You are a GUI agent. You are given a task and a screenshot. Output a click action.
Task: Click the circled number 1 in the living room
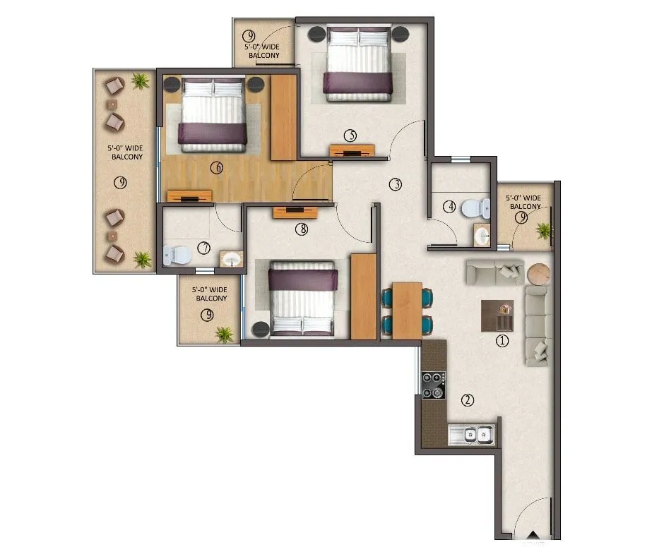click(x=502, y=342)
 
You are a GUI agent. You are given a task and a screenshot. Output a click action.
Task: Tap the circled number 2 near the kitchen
click(x=467, y=400)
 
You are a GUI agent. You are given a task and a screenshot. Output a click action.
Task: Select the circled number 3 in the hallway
click(x=395, y=184)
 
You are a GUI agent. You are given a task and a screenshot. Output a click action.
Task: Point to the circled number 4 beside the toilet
click(x=449, y=207)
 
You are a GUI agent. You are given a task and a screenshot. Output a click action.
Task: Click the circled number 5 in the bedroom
click(x=350, y=135)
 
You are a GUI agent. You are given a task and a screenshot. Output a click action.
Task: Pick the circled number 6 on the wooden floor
click(x=217, y=167)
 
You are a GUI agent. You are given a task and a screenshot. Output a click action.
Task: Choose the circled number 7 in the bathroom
click(x=204, y=248)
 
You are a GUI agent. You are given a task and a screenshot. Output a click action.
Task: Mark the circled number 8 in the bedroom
click(x=303, y=228)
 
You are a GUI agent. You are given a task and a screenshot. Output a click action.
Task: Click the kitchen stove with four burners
click(x=434, y=385)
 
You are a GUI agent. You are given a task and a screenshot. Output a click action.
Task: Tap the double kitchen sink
click(x=471, y=435)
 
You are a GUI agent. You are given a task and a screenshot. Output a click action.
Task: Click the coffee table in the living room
click(x=498, y=315)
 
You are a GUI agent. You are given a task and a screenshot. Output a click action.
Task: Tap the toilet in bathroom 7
click(x=173, y=254)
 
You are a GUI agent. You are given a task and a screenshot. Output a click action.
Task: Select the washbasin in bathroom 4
click(x=482, y=236)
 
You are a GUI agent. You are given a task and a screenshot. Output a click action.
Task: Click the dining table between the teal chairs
click(x=407, y=310)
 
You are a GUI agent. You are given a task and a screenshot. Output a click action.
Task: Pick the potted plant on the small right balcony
click(x=543, y=230)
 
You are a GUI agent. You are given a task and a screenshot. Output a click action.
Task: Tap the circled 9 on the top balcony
click(x=249, y=36)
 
